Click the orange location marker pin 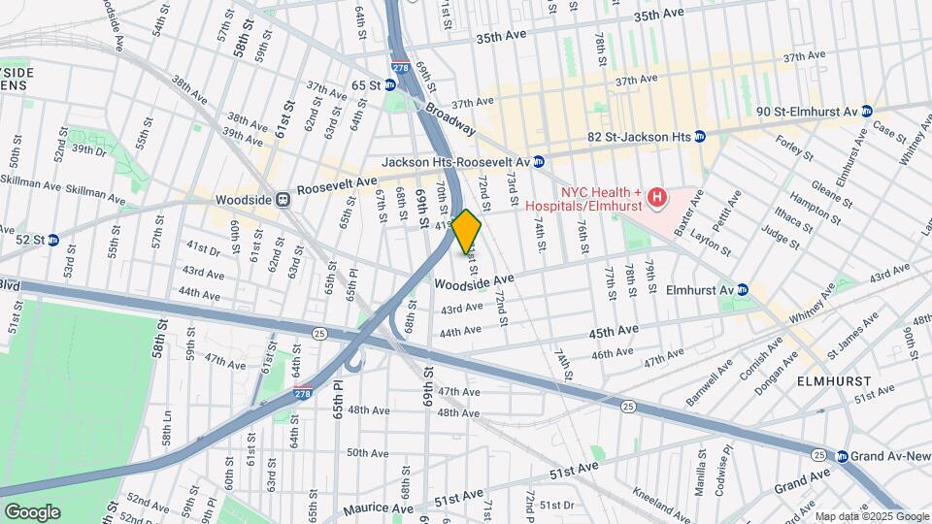click(x=467, y=231)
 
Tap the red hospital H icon click(x=657, y=199)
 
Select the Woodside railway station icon click(x=283, y=199)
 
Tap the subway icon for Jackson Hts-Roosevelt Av click(x=538, y=161)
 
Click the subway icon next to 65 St click(x=390, y=85)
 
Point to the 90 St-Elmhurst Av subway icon click(x=867, y=112)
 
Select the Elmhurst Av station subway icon click(x=743, y=289)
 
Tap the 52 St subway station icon click(x=53, y=240)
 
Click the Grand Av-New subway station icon click(x=842, y=456)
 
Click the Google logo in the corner click(x=32, y=512)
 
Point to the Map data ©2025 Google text click(x=871, y=516)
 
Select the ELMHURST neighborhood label click(x=835, y=381)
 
